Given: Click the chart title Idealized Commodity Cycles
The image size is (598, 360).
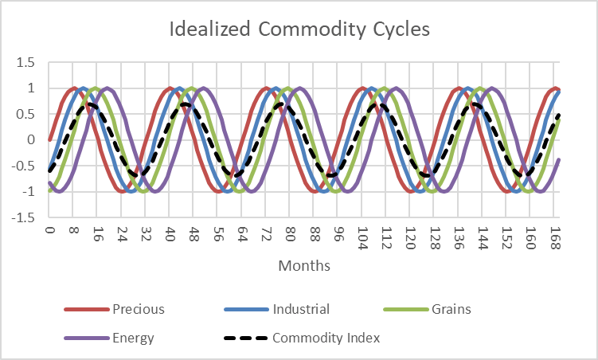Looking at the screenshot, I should point(299,30).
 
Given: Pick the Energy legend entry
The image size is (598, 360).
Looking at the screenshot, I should point(133,338).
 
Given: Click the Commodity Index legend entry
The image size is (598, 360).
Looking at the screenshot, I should point(326,338).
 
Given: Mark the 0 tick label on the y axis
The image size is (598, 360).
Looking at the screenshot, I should point(31,139).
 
